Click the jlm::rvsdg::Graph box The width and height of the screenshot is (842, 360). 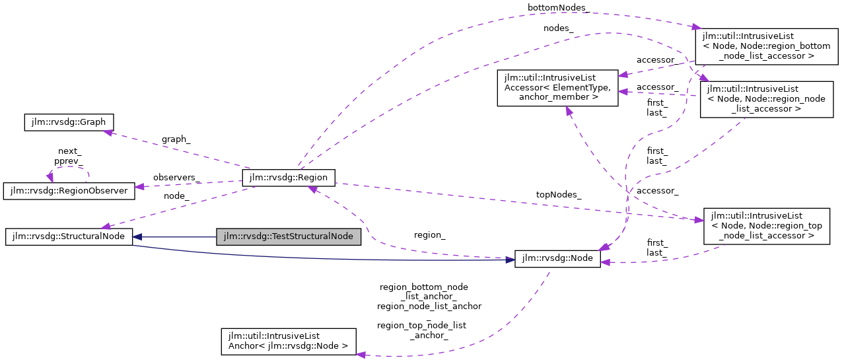tap(69, 122)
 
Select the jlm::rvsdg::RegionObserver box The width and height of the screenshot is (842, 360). tap(69, 191)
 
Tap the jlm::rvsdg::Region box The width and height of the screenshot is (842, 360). tap(289, 177)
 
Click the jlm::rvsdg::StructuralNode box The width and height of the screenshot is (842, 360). tap(69, 236)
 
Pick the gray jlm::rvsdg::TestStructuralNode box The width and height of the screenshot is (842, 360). tap(289, 236)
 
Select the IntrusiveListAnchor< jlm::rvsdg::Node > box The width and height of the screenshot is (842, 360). tap(288, 341)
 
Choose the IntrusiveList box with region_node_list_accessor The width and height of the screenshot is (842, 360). tap(766, 99)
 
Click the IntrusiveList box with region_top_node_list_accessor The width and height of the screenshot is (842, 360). tap(766, 226)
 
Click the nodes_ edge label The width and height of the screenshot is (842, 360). tap(558, 28)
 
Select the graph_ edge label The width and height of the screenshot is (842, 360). tap(176, 139)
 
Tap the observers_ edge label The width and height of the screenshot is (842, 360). tap(176, 178)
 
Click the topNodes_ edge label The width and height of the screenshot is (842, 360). tap(558, 194)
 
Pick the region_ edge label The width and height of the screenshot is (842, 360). tap(429, 234)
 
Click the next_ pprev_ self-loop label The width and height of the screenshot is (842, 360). tap(69, 156)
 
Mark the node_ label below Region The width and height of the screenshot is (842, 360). tap(176, 196)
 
